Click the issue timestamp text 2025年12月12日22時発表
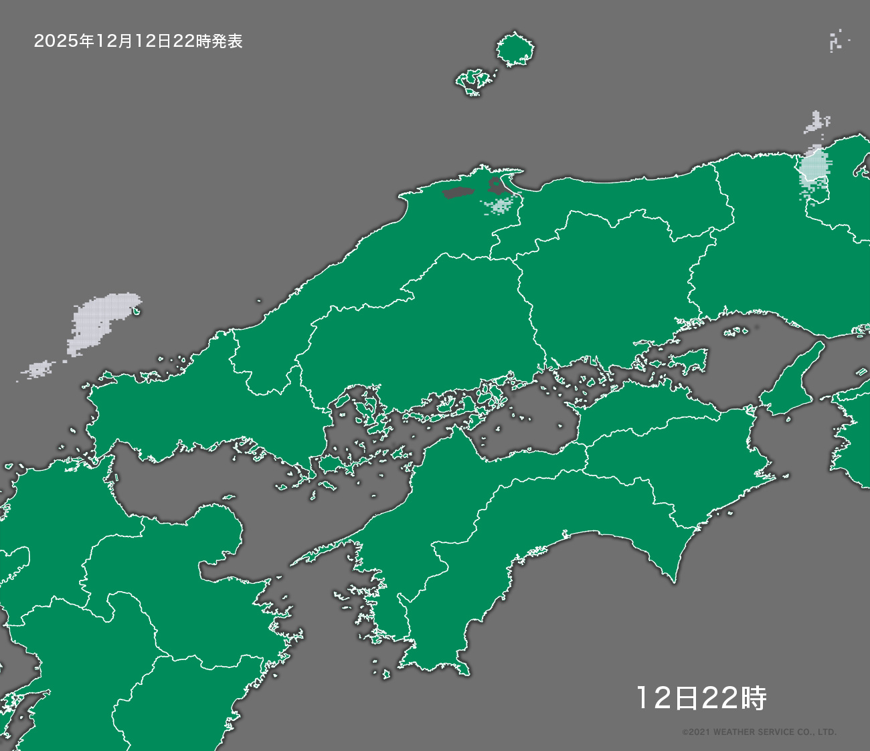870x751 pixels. [138, 41]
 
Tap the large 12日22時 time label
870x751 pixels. [701, 698]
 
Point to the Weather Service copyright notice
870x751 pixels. [759, 732]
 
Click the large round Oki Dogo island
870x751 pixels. [515, 49]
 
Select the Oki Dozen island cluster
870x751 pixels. [476, 81]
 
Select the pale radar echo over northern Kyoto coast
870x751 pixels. [814, 167]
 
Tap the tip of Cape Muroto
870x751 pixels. [675, 580]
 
